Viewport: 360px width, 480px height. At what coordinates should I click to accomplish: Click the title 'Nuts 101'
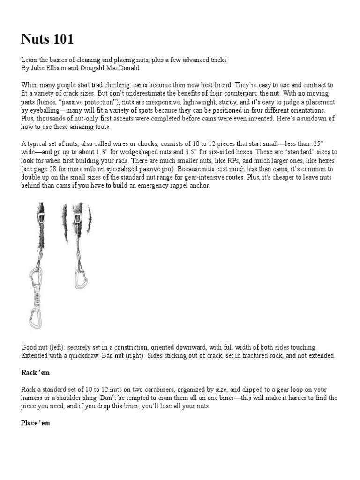47,39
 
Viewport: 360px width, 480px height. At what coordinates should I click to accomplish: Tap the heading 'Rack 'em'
36,372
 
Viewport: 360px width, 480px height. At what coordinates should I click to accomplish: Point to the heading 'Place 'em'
36,423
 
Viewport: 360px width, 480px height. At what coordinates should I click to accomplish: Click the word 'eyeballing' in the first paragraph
43,111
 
